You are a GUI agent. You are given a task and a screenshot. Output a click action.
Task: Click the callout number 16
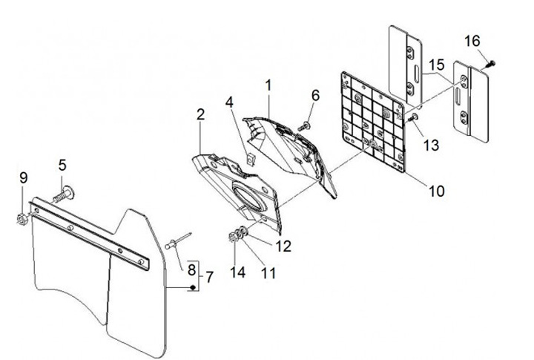(x=472, y=41)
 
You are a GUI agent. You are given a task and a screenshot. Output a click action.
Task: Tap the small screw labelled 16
(x=489, y=65)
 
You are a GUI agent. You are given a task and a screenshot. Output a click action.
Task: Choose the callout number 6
(x=315, y=95)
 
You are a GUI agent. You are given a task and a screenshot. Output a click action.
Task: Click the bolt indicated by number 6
(x=304, y=127)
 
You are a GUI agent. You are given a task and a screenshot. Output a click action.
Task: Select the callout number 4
(x=231, y=102)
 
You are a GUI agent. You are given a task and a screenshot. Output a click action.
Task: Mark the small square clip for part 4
(x=249, y=157)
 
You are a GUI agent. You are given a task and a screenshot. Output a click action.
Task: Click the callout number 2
(x=200, y=114)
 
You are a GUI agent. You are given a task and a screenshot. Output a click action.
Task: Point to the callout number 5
(x=63, y=163)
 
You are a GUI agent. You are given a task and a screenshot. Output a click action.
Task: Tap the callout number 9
(x=23, y=177)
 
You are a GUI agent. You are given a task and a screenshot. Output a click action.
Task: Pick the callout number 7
(x=209, y=278)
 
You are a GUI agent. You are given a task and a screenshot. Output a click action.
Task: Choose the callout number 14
(x=236, y=272)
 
